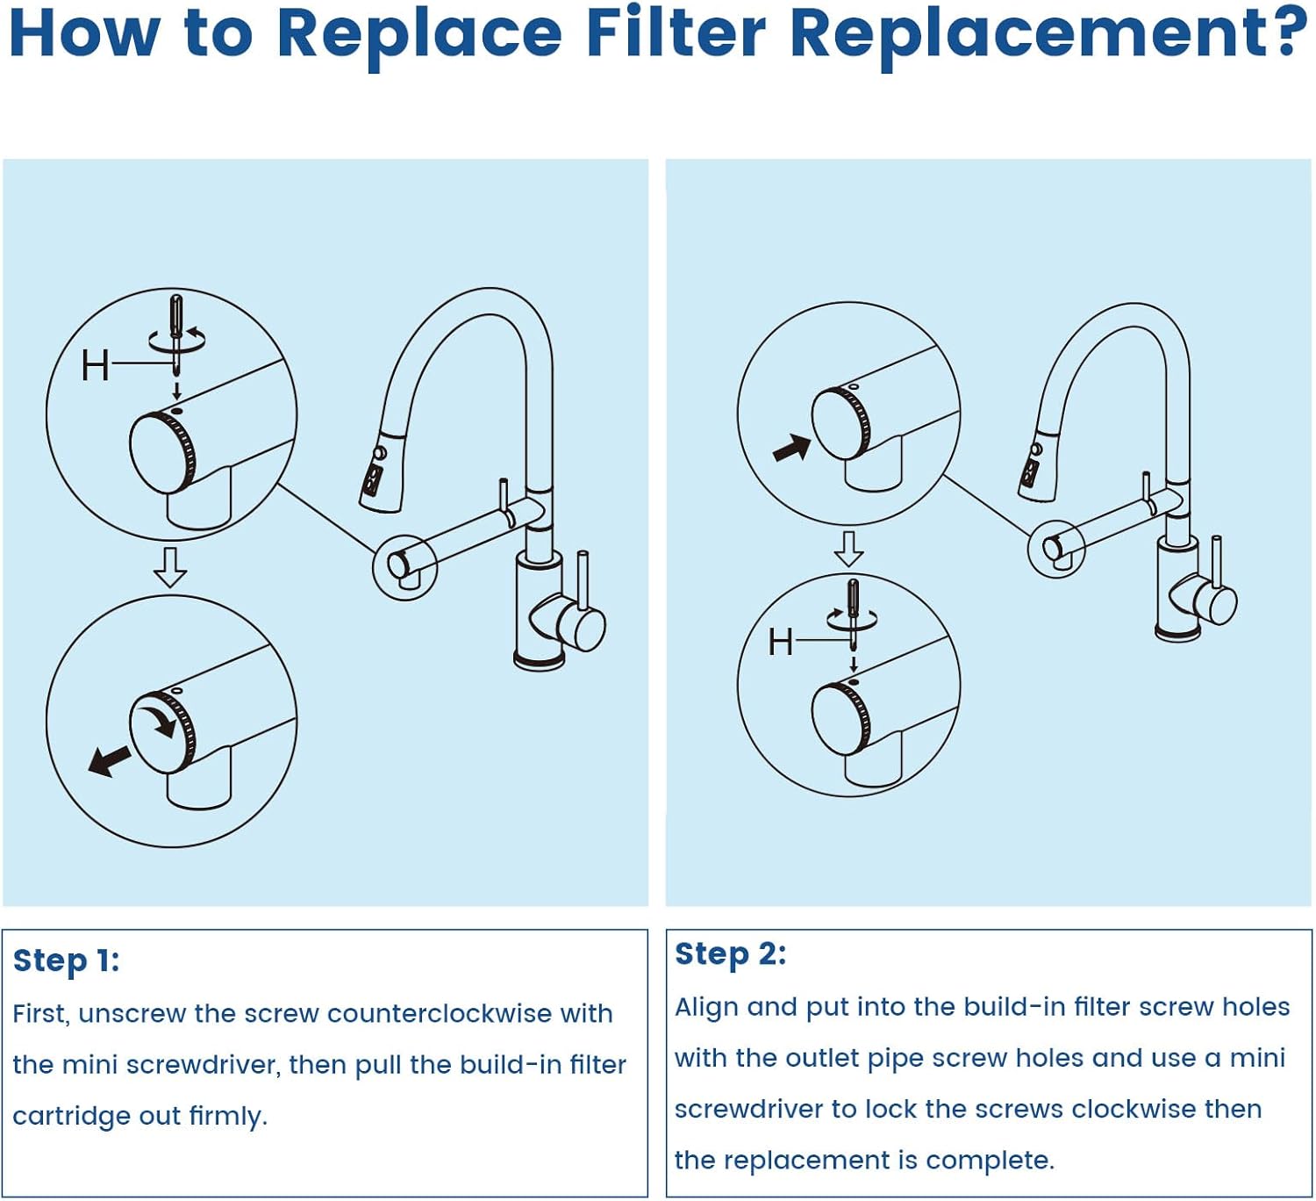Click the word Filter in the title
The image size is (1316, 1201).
[676, 32]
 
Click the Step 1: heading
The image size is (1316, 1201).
[66, 960]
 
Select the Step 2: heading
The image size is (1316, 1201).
[730, 953]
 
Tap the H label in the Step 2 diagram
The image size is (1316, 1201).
[780, 643]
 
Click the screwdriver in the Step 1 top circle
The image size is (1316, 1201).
[176, 334]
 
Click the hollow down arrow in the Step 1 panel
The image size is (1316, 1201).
[170, 567]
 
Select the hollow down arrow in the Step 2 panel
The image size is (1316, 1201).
[848, 549]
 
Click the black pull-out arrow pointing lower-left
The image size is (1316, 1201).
[110, 760]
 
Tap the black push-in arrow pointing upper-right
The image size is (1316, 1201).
[791, 448]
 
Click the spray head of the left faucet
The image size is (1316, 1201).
[382, 470]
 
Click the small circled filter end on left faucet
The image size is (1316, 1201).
[404, 567]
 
